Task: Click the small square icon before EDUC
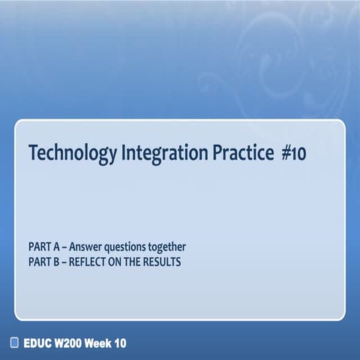(13, 343)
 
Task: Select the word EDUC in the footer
(36, 343)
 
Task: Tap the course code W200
(68, 343)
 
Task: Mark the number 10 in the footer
(120, 343)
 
